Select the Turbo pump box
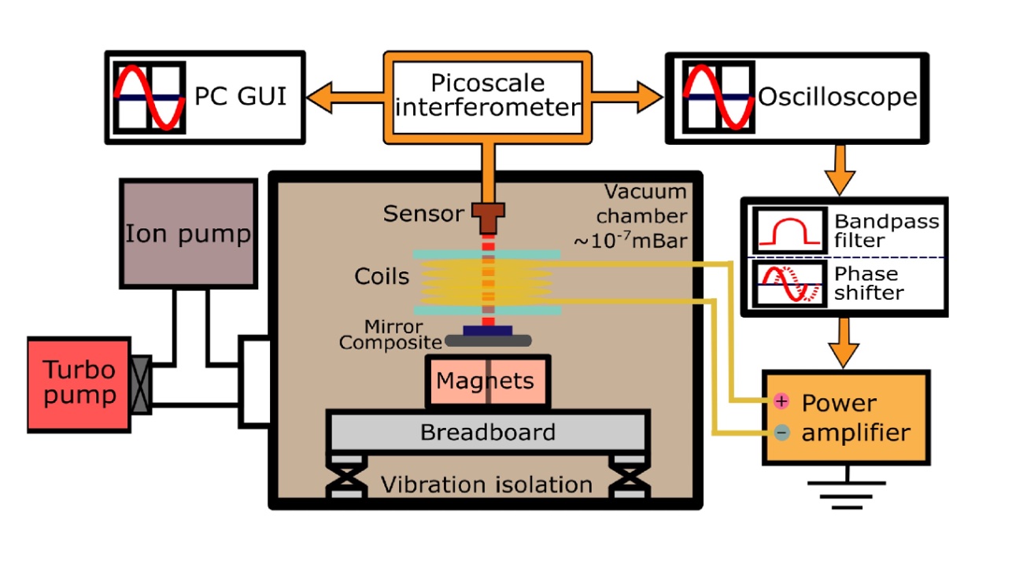click(79, 384)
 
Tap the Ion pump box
click(188, 233)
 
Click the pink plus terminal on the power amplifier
click(781, 401)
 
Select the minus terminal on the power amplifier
click(781, 432)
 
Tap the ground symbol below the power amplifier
click(847, 486)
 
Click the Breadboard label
click(487, 432)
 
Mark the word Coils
click(382, 277)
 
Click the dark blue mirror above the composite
click(488, 330)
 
